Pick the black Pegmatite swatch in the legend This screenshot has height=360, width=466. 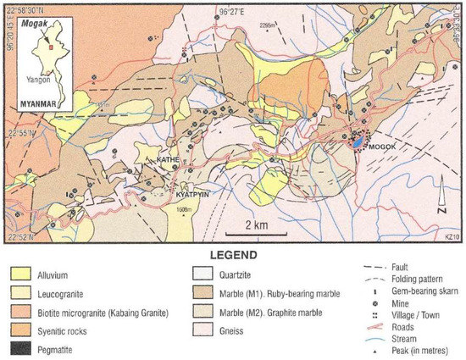[x=23, y=347]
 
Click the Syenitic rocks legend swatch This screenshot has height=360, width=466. [x=23, y=330]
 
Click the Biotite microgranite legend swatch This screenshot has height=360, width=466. [x=23, y=311]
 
